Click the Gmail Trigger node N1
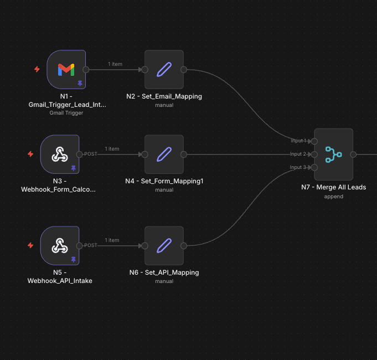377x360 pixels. (66, 69)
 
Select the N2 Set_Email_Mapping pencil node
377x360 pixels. (164, 69)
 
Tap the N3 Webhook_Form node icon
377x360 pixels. (60, 155)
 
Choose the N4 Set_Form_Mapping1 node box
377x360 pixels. (164, 155)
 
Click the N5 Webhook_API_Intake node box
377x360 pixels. (60, 245)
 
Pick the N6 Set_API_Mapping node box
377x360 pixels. (164, 245)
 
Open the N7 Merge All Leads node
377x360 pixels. (333, 155)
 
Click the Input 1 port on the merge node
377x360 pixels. (314, 141)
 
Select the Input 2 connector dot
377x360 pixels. (314, 155)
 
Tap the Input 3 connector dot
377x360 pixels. (314, 167)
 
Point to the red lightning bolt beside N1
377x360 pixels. (37, 69)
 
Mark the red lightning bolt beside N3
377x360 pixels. (30, 154)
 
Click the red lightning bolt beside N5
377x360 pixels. (30, 245)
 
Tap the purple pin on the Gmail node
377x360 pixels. (80, 83)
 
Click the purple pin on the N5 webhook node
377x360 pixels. (73, 259)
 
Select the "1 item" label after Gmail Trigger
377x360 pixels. (115, 64)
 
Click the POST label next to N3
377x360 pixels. (90, 154)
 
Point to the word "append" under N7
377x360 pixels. (333, 196)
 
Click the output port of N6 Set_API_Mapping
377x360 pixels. (184, 245)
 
